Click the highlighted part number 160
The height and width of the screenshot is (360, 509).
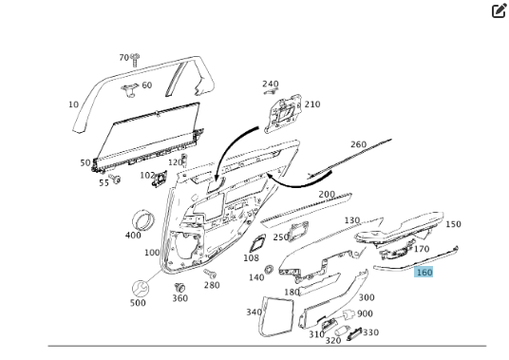(424, 272)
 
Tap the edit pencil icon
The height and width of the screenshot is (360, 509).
(500, 10)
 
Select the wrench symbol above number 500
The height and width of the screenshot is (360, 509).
(141, 288)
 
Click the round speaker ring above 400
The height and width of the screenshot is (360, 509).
(143, 219)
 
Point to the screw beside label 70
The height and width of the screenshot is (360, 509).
(135, 60)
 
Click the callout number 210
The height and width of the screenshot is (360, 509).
(312, 104)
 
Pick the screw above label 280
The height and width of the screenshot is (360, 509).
(210, 274)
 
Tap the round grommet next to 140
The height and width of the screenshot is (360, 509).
(269, 269)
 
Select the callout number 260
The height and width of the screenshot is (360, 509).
(358, 144)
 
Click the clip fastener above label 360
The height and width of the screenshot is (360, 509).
(179, 288)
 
